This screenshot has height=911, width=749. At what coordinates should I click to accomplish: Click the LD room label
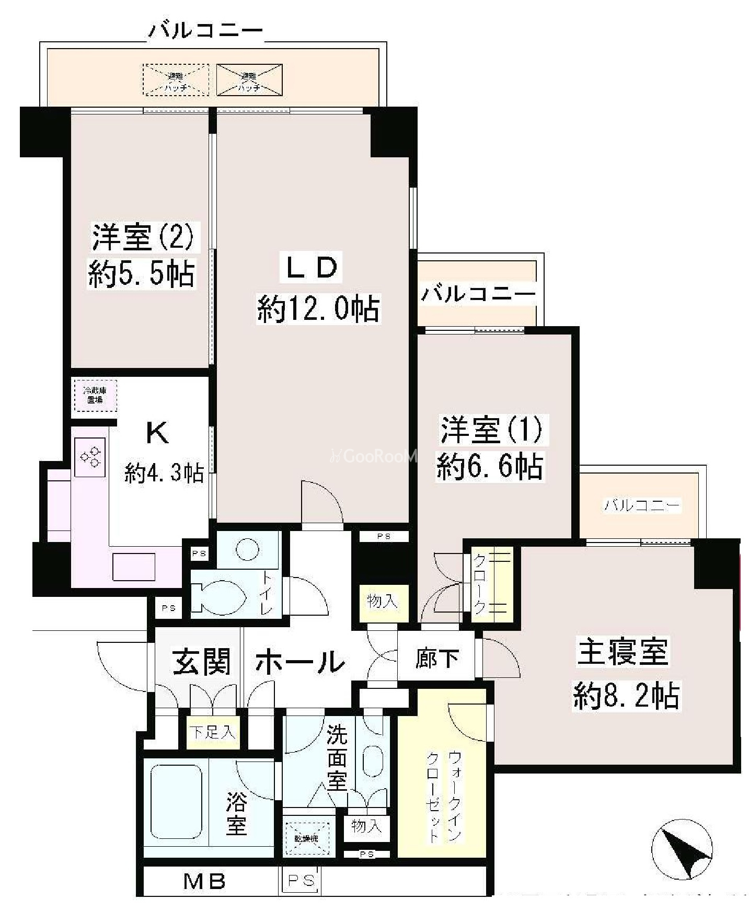pos(313,268)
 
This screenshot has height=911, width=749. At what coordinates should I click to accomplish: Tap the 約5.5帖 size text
pos(141,274)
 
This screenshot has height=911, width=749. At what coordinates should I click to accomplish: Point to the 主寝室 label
pos(623,652)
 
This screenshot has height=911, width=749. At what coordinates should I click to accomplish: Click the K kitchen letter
pos(157,433)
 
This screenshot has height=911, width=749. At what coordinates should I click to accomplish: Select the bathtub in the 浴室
pos(177,805)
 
